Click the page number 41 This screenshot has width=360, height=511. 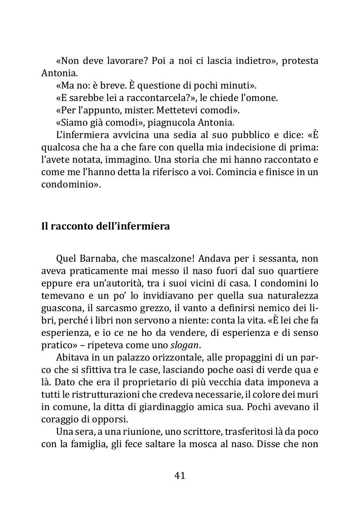point(180,476)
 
